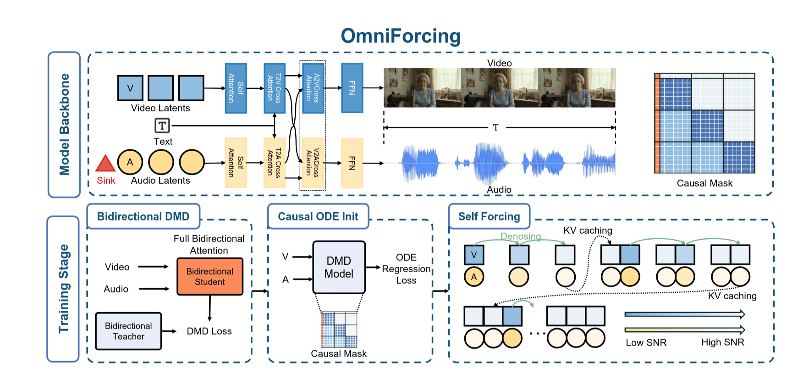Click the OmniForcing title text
click(400, 36)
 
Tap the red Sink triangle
click(105, 164)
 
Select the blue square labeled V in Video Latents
click(130, 88)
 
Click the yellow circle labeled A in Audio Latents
click(130, 162)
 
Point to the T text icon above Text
click(162, 126)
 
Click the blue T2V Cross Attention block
click(274, 88)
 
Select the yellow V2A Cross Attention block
click(313, 163)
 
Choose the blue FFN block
click(352, 88)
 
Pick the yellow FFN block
click(352, 163)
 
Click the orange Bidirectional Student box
click(210, 276)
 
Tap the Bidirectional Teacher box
click(128, 331)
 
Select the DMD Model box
click(339, 267)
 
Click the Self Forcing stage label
click(489, 216)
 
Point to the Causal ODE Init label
click(318, 216)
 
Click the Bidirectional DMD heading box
click(143, 216)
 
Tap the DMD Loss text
click(209, 331)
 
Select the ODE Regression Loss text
click(406, 269)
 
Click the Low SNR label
click(646, 342)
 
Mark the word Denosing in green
click(520, 236)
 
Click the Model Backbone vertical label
click(64, 125)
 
